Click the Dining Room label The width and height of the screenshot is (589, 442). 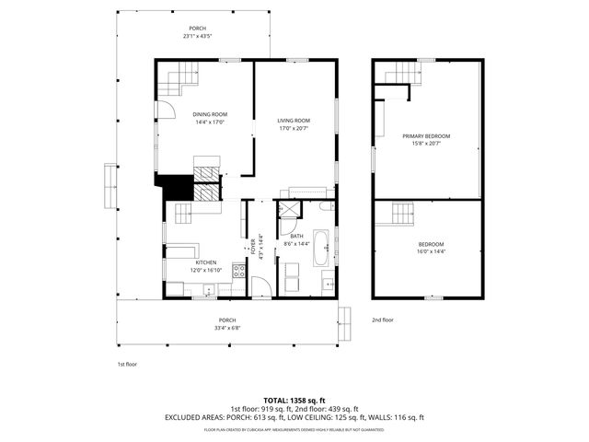pos(210,114)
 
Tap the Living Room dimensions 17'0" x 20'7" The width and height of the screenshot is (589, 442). pos(294,129)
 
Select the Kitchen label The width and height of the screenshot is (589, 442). pos(205,262)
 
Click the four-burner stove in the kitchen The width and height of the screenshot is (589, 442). pos(239,271)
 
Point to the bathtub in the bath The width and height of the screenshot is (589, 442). pos(321,247)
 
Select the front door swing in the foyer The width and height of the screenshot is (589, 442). pos(261,286)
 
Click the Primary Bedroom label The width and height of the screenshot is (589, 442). pos(426,135)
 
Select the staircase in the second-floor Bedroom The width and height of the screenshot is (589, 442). pos(402,215)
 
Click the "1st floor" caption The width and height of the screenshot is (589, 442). pos(127,365)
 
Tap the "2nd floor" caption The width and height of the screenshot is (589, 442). pos(382,320)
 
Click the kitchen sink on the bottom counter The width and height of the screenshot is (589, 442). pos(210,290)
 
